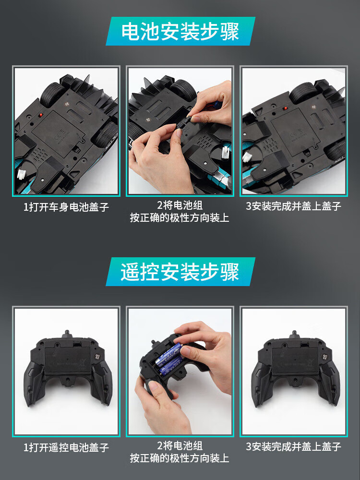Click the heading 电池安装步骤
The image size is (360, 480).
tap(180, 31)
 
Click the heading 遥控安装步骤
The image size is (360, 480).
tap(180, 272)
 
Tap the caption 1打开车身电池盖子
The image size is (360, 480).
tap(66, 207)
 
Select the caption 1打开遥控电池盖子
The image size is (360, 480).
tap(66, 447)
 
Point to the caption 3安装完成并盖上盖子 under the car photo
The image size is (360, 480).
tap(293, 206)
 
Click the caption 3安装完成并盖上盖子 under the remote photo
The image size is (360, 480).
tap(293, 446)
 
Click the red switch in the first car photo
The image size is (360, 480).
tap(40, 115)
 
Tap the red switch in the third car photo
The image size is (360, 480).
tap(285, 108)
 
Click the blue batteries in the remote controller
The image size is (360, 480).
tap(169, 359)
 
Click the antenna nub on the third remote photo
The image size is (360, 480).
tap(294, 334)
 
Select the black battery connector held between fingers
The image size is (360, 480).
tap(183, 126)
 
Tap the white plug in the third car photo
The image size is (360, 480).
tap(247, 157)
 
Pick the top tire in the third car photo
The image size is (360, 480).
tap(303, 93)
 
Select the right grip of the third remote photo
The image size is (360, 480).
tap(329, 383)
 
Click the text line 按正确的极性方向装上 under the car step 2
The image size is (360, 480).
tap(180, 217)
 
